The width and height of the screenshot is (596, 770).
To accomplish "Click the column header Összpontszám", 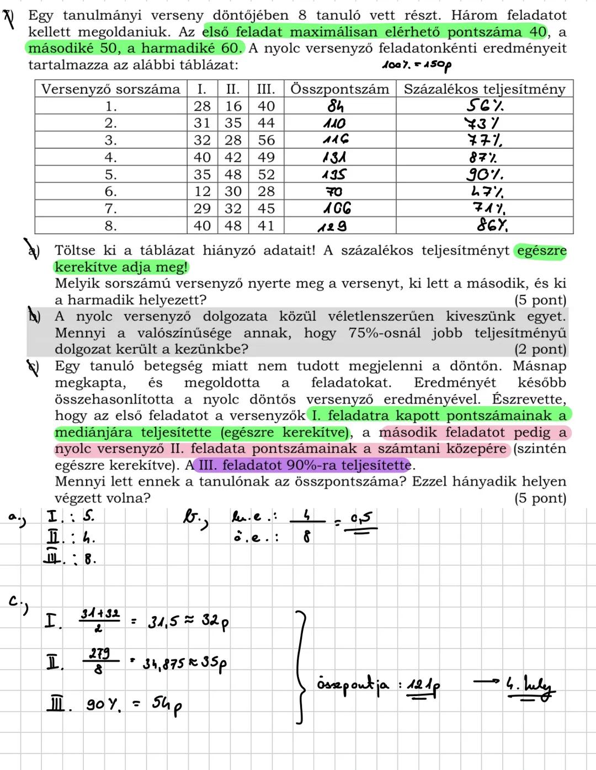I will point(339,89).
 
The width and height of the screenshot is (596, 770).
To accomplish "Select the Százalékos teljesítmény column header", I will point(484,89).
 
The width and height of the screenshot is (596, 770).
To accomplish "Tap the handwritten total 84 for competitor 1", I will point(335,106).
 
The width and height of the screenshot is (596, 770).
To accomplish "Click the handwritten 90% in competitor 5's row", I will point(485,175).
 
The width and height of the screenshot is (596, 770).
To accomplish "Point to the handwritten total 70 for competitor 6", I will point(333,192).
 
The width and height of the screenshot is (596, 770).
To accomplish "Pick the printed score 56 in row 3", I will point(266,140).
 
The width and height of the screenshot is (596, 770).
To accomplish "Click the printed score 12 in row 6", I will point(202,192).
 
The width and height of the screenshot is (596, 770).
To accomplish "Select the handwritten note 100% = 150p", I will point(417,65).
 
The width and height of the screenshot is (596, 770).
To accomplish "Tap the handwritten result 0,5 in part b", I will point(361,519).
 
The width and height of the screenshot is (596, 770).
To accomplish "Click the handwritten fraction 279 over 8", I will point(99,661).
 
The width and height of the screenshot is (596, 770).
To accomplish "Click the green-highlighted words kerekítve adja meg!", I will point(121,267).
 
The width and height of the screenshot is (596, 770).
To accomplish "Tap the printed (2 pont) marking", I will point(540,349).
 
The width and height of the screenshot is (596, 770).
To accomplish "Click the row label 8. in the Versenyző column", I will point(110,226).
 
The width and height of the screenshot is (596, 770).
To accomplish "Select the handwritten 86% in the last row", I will point(492,226).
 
